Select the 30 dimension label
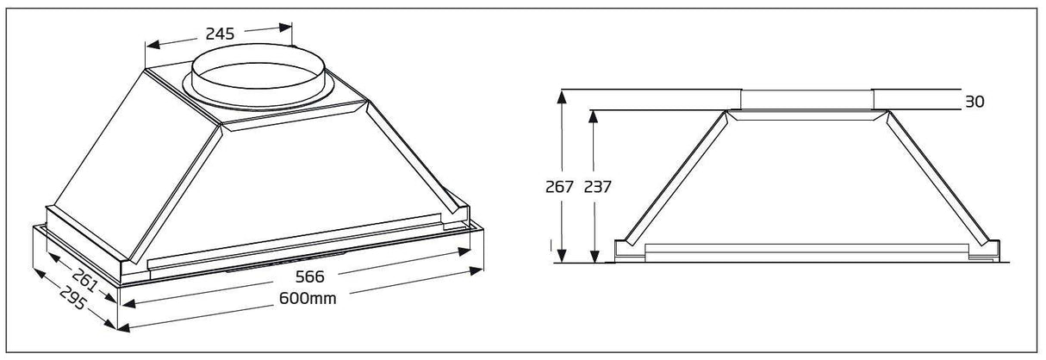point(974,102)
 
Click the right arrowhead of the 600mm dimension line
point(479,270)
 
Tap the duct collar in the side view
point(806,99)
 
